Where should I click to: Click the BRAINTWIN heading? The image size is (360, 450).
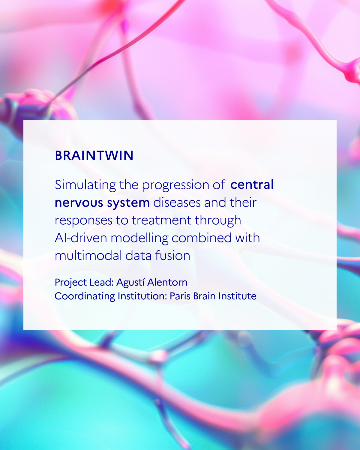click(x=94, y=156)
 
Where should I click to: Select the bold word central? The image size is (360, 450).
click(x=252, y=184)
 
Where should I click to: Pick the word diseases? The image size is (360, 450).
click(x=177, y=202)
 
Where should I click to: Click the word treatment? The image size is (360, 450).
click(x=161, y=220)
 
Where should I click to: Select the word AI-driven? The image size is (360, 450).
click(x=81, y=238)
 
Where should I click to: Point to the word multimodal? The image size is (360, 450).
click(x=88, y=256)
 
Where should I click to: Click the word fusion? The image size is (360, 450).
click(x=172, y=256)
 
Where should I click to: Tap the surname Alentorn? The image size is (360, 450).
click(x=167, y=282)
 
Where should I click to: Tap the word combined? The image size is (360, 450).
click(x=202, y=238)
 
